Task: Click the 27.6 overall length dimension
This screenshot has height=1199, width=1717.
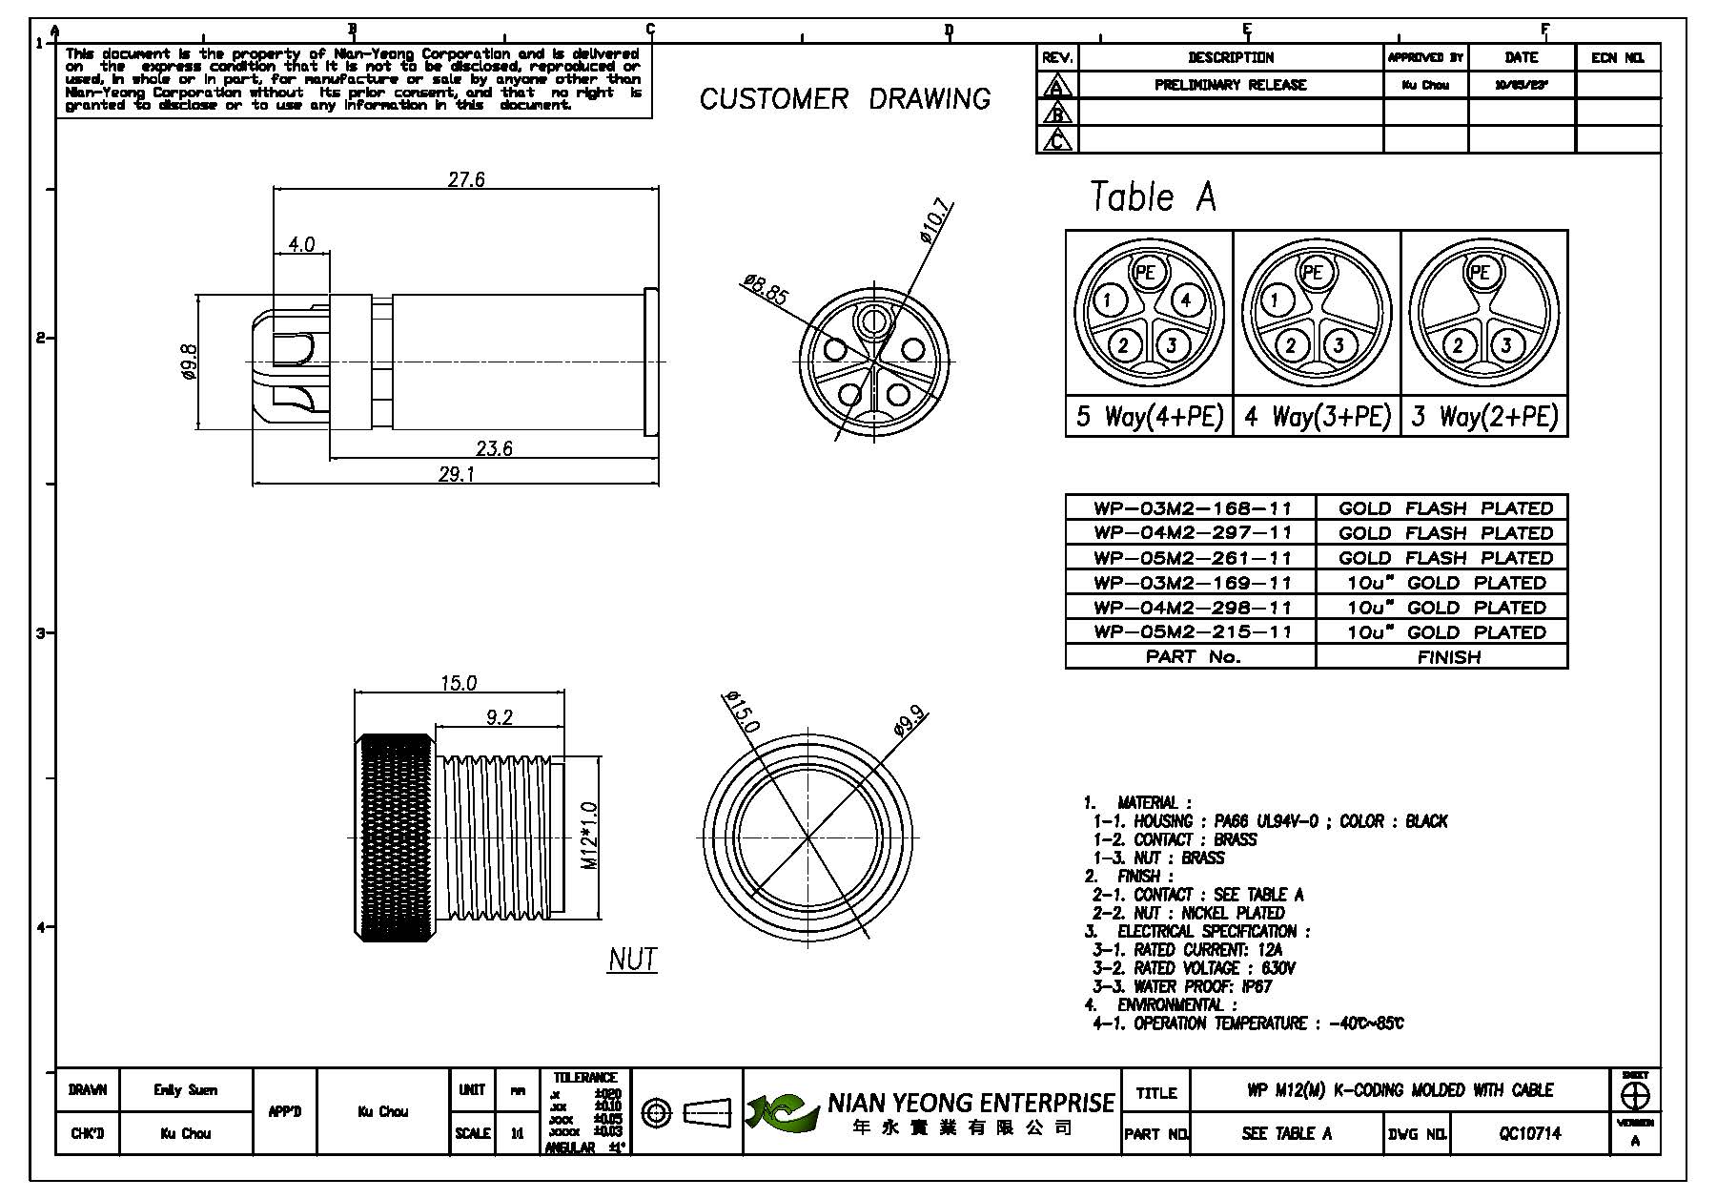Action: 466,179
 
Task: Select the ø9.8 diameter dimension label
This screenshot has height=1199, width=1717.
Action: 189,362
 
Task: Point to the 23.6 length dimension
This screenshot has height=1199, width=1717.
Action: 494,448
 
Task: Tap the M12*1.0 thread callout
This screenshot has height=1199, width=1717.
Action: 589,836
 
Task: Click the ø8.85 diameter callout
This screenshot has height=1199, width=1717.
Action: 766,290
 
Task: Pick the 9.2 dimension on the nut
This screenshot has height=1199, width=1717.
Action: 499,717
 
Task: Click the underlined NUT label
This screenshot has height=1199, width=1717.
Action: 632,959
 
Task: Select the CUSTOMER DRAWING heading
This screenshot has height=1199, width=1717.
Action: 845,99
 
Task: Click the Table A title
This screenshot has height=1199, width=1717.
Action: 1153,197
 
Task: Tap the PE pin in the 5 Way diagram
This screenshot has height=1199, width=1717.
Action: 1145,273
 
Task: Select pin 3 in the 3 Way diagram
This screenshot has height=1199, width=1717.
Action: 1506,344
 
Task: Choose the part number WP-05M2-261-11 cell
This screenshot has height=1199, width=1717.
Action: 1192,558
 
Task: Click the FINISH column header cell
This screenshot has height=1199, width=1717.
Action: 1448,657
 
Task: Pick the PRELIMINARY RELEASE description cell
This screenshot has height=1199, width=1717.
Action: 1230,85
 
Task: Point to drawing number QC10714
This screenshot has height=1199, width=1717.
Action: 1529,1133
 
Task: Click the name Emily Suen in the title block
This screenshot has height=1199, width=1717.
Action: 185,1089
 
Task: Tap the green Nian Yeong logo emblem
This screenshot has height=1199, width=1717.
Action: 782,1112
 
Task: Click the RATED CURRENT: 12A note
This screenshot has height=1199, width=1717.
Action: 1187,950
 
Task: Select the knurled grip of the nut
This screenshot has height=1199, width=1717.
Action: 395,837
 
